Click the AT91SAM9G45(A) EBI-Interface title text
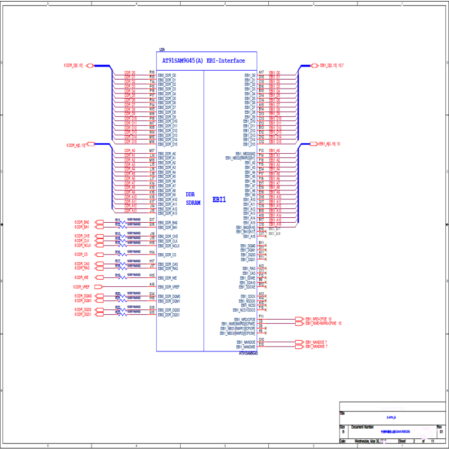(204, 60)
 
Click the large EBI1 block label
(220, 199)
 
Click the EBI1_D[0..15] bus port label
(330, 65)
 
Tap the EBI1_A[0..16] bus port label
(329, 144)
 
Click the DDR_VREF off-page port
(82, 287)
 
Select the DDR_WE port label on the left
(82, 278)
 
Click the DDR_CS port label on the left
(82, 254)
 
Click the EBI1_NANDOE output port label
(318, 342)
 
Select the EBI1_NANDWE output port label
(318, 347)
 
